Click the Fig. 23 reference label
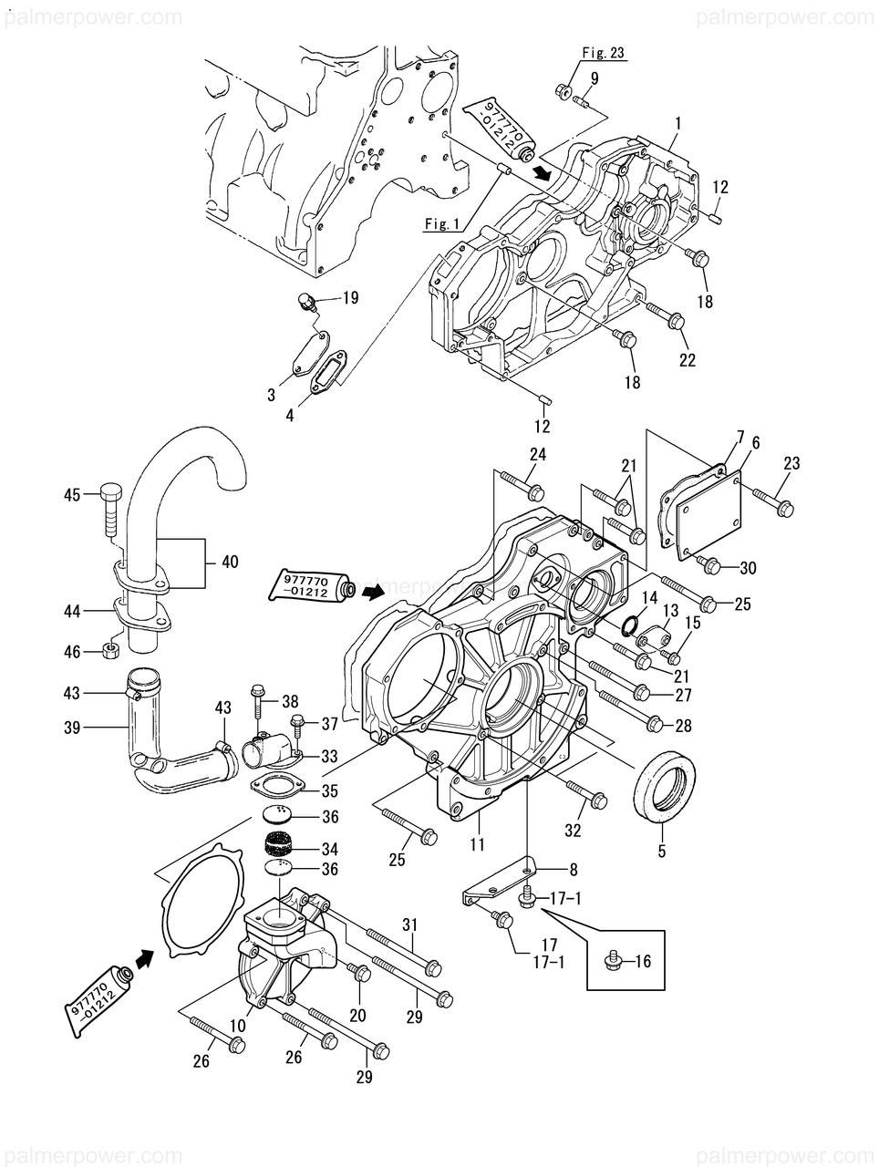[x=605, y=53]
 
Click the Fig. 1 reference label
[x=442, y=224]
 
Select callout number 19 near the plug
[x=350, y=297]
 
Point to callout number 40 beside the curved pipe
[x=230, y=563]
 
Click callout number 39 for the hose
[x=71, y=726]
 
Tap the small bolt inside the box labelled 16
[x=615, y=961]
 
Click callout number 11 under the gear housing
[x=478, y=844]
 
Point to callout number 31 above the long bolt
[x=410, y=924]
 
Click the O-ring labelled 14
[x=627, y=626]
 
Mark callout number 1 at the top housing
[x=678, y=121]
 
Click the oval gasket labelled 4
[x=326, y=375]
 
